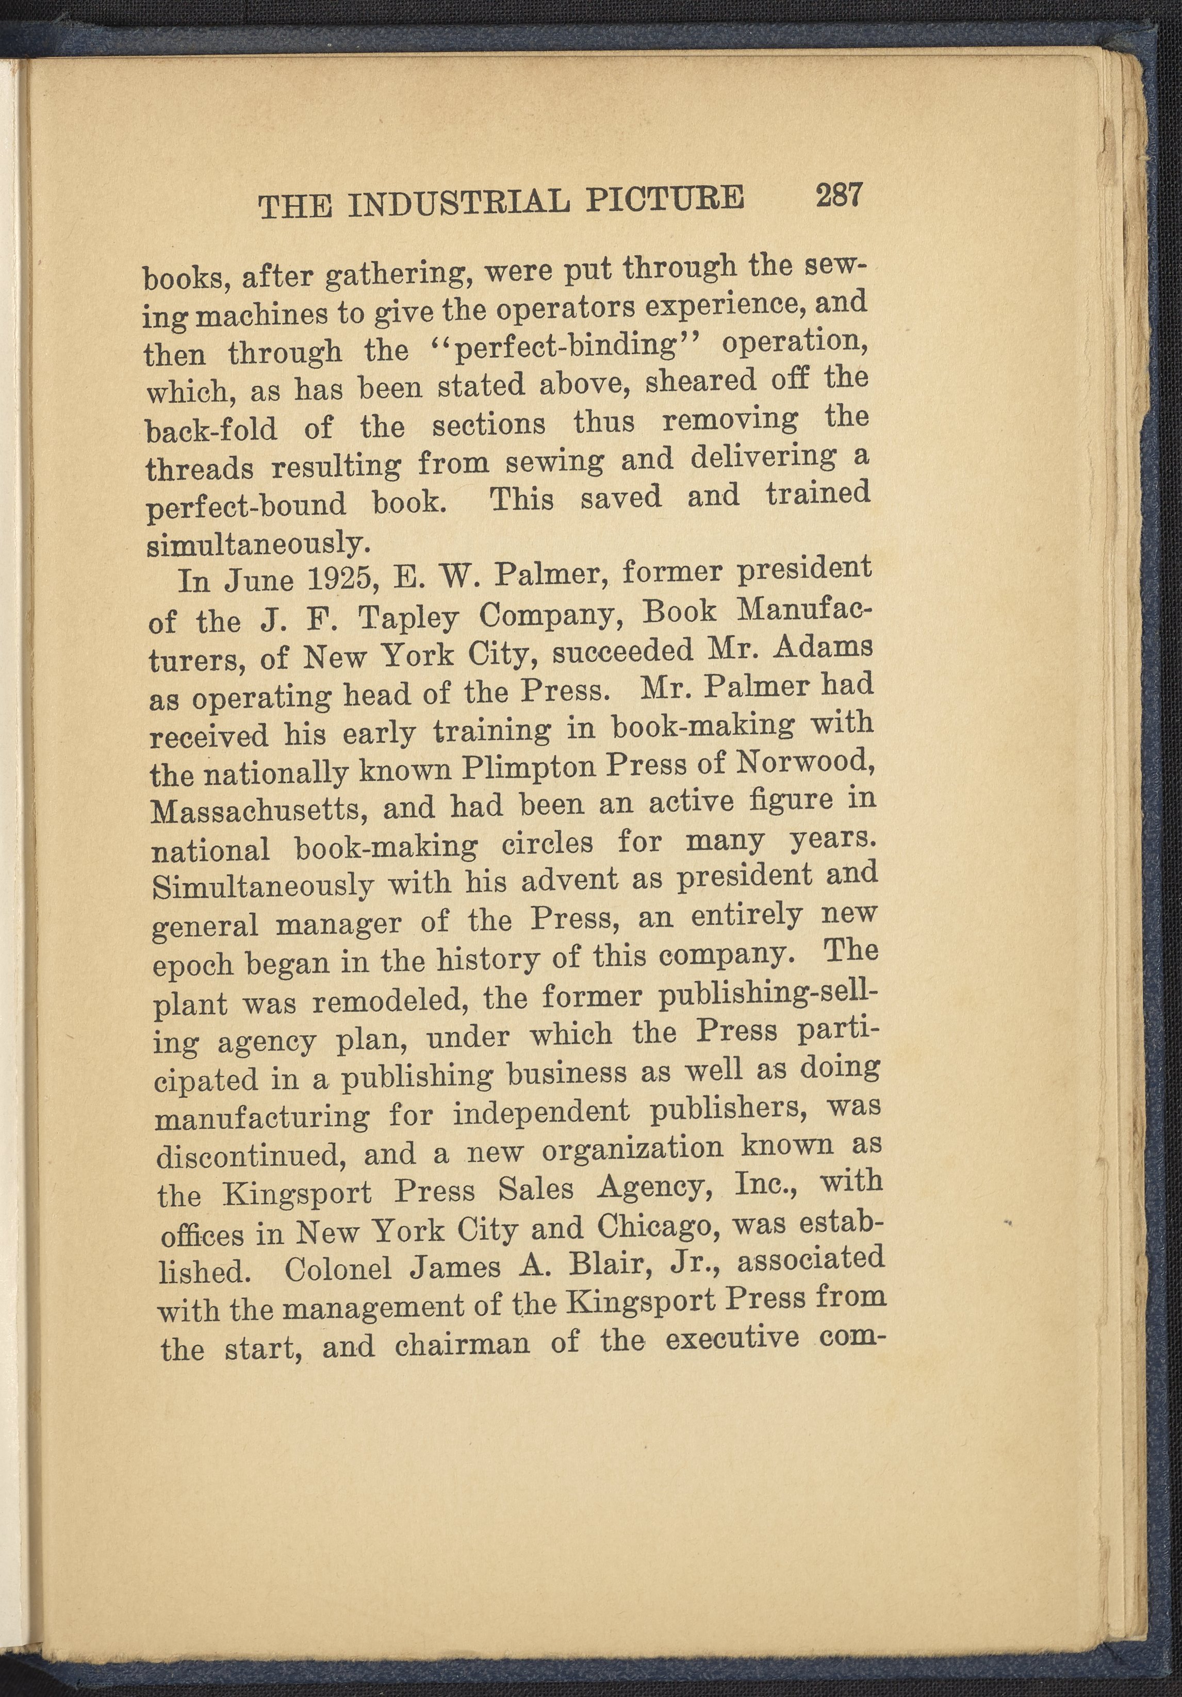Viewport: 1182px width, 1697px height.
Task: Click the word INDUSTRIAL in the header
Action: point(458,203)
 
